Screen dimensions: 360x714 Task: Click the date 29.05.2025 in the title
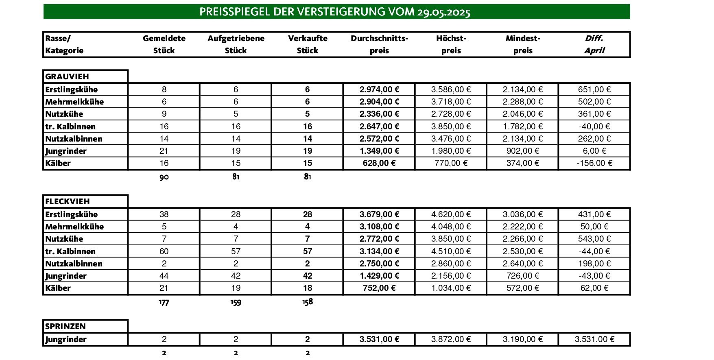point(443,12)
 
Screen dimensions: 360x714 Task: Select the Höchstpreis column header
point(451,44)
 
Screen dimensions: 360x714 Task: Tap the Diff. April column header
point(594,44)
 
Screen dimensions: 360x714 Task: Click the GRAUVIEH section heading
point(67,76)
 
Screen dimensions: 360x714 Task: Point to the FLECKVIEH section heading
point(68,201)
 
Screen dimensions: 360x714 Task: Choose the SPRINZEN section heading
point(66,326)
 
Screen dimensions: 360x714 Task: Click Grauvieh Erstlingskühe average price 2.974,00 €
point(379,89)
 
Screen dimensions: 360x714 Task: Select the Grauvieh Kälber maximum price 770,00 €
point(451,163)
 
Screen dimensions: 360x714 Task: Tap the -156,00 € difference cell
point(594,163)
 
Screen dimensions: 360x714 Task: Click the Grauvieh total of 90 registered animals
point(164,177)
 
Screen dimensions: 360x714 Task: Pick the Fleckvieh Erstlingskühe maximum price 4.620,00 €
point(451,214)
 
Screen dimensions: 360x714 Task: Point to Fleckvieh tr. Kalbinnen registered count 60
point(164,251)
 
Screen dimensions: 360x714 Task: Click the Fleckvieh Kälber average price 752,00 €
point(379,288)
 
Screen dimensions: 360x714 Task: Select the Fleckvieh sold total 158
point(308,302)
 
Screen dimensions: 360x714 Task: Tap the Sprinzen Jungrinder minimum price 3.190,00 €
point(523,339)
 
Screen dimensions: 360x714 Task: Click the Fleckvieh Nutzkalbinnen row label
point(74,264)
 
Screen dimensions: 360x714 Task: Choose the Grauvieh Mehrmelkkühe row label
point(74,102)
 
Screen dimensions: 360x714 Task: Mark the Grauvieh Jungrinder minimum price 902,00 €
point(523,151)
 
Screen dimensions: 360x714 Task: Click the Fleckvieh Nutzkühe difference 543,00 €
point(594,239)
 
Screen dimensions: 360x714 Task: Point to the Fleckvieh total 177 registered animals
point(164,302)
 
